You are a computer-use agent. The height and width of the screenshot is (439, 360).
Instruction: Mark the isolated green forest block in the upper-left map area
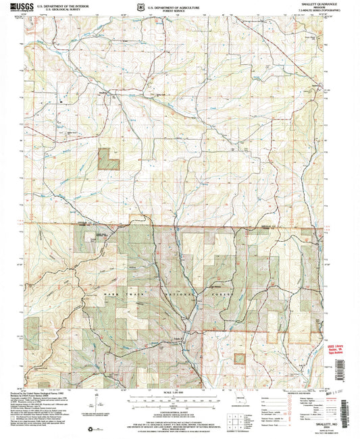tap(108, 159)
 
